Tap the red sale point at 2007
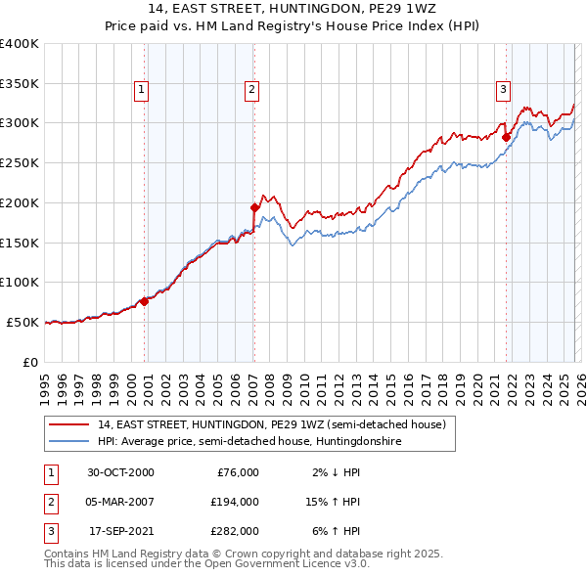point(254,207)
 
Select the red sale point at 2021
point(507,138)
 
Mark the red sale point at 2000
point(145,301)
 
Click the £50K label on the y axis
point(23,322)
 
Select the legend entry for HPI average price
point(248,442)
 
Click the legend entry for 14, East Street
point(271,424)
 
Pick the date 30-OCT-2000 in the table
point(120,472)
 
